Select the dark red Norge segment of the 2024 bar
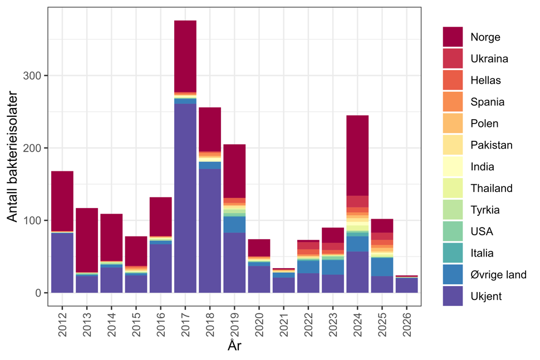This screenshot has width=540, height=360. pyautogui.click(x=357, y=155)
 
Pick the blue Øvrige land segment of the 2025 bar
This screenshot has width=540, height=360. pyautogui.click(x=382, y=267)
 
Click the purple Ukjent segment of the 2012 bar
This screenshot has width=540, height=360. pyautogui.click(x=62, y=262)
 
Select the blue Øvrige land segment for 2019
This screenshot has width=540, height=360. pyautogui.click(x=234, y=224)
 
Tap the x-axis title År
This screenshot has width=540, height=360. pyautogui.click(x=234, y=346)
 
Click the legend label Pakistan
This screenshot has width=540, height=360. pyautogui.click(x=491, y=145)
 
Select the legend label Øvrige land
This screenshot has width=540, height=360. pyautogui.click(x=498, y=275)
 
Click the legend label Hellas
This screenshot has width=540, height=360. pyautogui.click(x=485, y=80)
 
